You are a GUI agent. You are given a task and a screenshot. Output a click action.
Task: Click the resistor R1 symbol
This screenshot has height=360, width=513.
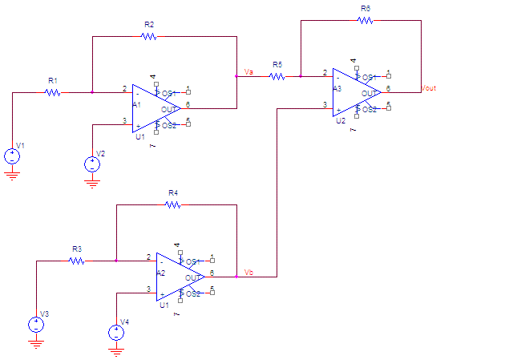[x=53, y=92]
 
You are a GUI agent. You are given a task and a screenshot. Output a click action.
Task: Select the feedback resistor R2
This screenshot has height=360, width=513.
[x=149, y=36]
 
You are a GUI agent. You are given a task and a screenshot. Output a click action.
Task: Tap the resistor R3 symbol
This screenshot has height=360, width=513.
[x=77, y=261]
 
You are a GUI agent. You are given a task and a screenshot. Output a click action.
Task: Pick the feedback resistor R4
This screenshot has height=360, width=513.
[x=173, y=204]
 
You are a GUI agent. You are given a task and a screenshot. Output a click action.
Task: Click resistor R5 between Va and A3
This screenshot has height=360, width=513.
[x=277, y=76]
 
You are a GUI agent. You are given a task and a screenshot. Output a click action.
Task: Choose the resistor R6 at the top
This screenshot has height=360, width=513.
[x=366, y=20]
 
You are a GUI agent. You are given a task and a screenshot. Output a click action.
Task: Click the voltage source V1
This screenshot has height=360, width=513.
[x=13, y=156]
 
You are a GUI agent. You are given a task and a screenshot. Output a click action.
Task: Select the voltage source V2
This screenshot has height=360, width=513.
[x=93, y=164]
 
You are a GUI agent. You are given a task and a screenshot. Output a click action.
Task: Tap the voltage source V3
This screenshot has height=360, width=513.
[x=37, y=325]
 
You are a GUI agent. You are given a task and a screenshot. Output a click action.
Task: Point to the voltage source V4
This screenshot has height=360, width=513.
[x=117, y=333]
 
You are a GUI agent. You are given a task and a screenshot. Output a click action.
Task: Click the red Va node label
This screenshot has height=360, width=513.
[x=249, y=72]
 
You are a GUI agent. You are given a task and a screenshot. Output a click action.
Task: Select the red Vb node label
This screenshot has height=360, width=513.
[x=249, y=273]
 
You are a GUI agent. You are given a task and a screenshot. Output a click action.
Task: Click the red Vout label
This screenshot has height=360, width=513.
[x=429, y=88]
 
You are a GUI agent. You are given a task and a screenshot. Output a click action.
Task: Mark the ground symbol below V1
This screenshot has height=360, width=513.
[x=13, y=176]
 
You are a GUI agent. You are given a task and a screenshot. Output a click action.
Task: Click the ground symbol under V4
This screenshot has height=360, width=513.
[x=117, y=352]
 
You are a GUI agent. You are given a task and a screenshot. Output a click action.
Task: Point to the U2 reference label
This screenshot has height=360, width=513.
[x=341, y=120]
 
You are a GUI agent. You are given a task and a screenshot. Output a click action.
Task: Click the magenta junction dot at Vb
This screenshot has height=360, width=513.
[x=237, y=277]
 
